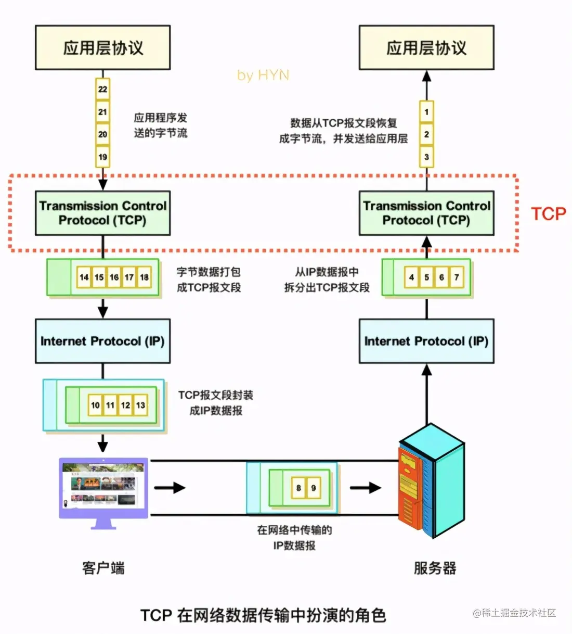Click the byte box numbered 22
click(x=102, y=89)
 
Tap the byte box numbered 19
click(x=102, y=157)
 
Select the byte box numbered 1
click(x=426, y=111)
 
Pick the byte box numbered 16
click(x=114, y=277)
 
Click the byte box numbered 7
click(x=457, y=277)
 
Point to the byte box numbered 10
click(x=95, y=405)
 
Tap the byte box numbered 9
click(x=314, y=488)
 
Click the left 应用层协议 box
click(x=102, y=47)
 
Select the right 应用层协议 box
click(x=426, y=47)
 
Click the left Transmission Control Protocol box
click(x=102, y=213)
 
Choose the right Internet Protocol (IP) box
click(x=426, y=341)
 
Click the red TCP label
click(x=548, y=214)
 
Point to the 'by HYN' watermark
click(x=263, y=75)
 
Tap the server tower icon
click(x=432, y=481)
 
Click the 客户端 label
click(x=103, y=568)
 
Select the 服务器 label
click(x=435, y=568)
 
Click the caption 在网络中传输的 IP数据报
click(x=294, y=538)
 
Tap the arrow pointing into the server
click(x=366, y=488)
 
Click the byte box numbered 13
click(x=140, y=405)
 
